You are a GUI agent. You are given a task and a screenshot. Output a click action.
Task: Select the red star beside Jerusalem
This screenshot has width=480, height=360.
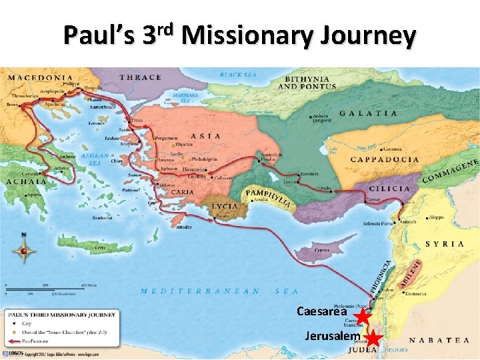click(374, 339)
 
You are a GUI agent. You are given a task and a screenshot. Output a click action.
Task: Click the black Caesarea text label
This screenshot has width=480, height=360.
click(321, 311)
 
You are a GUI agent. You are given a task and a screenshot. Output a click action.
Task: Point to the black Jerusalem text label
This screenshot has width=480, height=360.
click(333, 336)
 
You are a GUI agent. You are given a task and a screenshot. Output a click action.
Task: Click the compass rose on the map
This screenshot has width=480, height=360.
click(25, 251)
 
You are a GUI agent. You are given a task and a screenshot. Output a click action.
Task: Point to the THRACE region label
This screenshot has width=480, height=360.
click(139, 77)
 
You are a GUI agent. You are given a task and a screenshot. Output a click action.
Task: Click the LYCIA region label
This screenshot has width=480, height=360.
click(224, 206)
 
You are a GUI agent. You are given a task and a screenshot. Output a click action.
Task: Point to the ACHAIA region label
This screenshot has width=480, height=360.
click(26, 181)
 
